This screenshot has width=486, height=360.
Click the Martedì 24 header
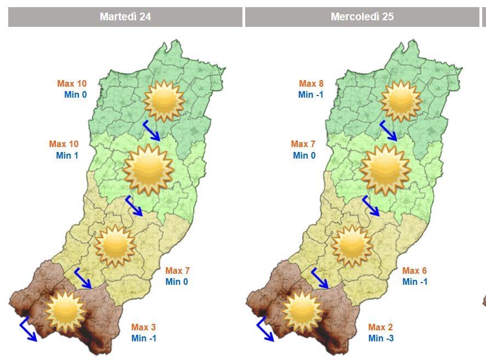pos(125,17)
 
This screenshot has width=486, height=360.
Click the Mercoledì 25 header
pos(362,17)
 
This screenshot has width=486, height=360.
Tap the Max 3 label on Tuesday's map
pos(144,327)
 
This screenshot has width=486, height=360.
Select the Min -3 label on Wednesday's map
pos(381,338)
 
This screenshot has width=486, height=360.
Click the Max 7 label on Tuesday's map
pos(178,271)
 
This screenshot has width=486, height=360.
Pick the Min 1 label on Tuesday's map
pos(67,155)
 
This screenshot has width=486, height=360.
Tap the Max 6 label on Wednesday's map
pos(414,271)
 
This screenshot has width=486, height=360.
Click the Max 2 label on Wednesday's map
pos(381,327)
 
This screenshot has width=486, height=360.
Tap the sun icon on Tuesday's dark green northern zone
pos(163,100)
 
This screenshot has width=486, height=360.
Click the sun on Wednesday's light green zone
pos(385,169)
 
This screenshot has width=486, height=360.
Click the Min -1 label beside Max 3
pos(144,338)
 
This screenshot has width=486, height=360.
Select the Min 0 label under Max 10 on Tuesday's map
pos(75,94)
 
